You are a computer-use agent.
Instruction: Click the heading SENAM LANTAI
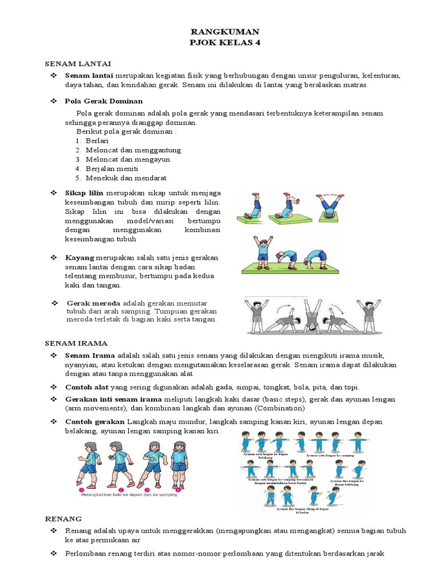coord(78,63)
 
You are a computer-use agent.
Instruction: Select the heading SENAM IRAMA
coord(77,343)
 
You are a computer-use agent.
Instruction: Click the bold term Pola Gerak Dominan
coord(104,101)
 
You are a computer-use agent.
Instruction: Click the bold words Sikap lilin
coord(84,193)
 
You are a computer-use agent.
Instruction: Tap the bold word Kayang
coord(80,257)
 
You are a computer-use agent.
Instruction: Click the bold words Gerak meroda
coord(93,303)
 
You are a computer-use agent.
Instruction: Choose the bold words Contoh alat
coord(87,387)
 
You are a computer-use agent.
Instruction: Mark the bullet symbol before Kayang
coord(53,257)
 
